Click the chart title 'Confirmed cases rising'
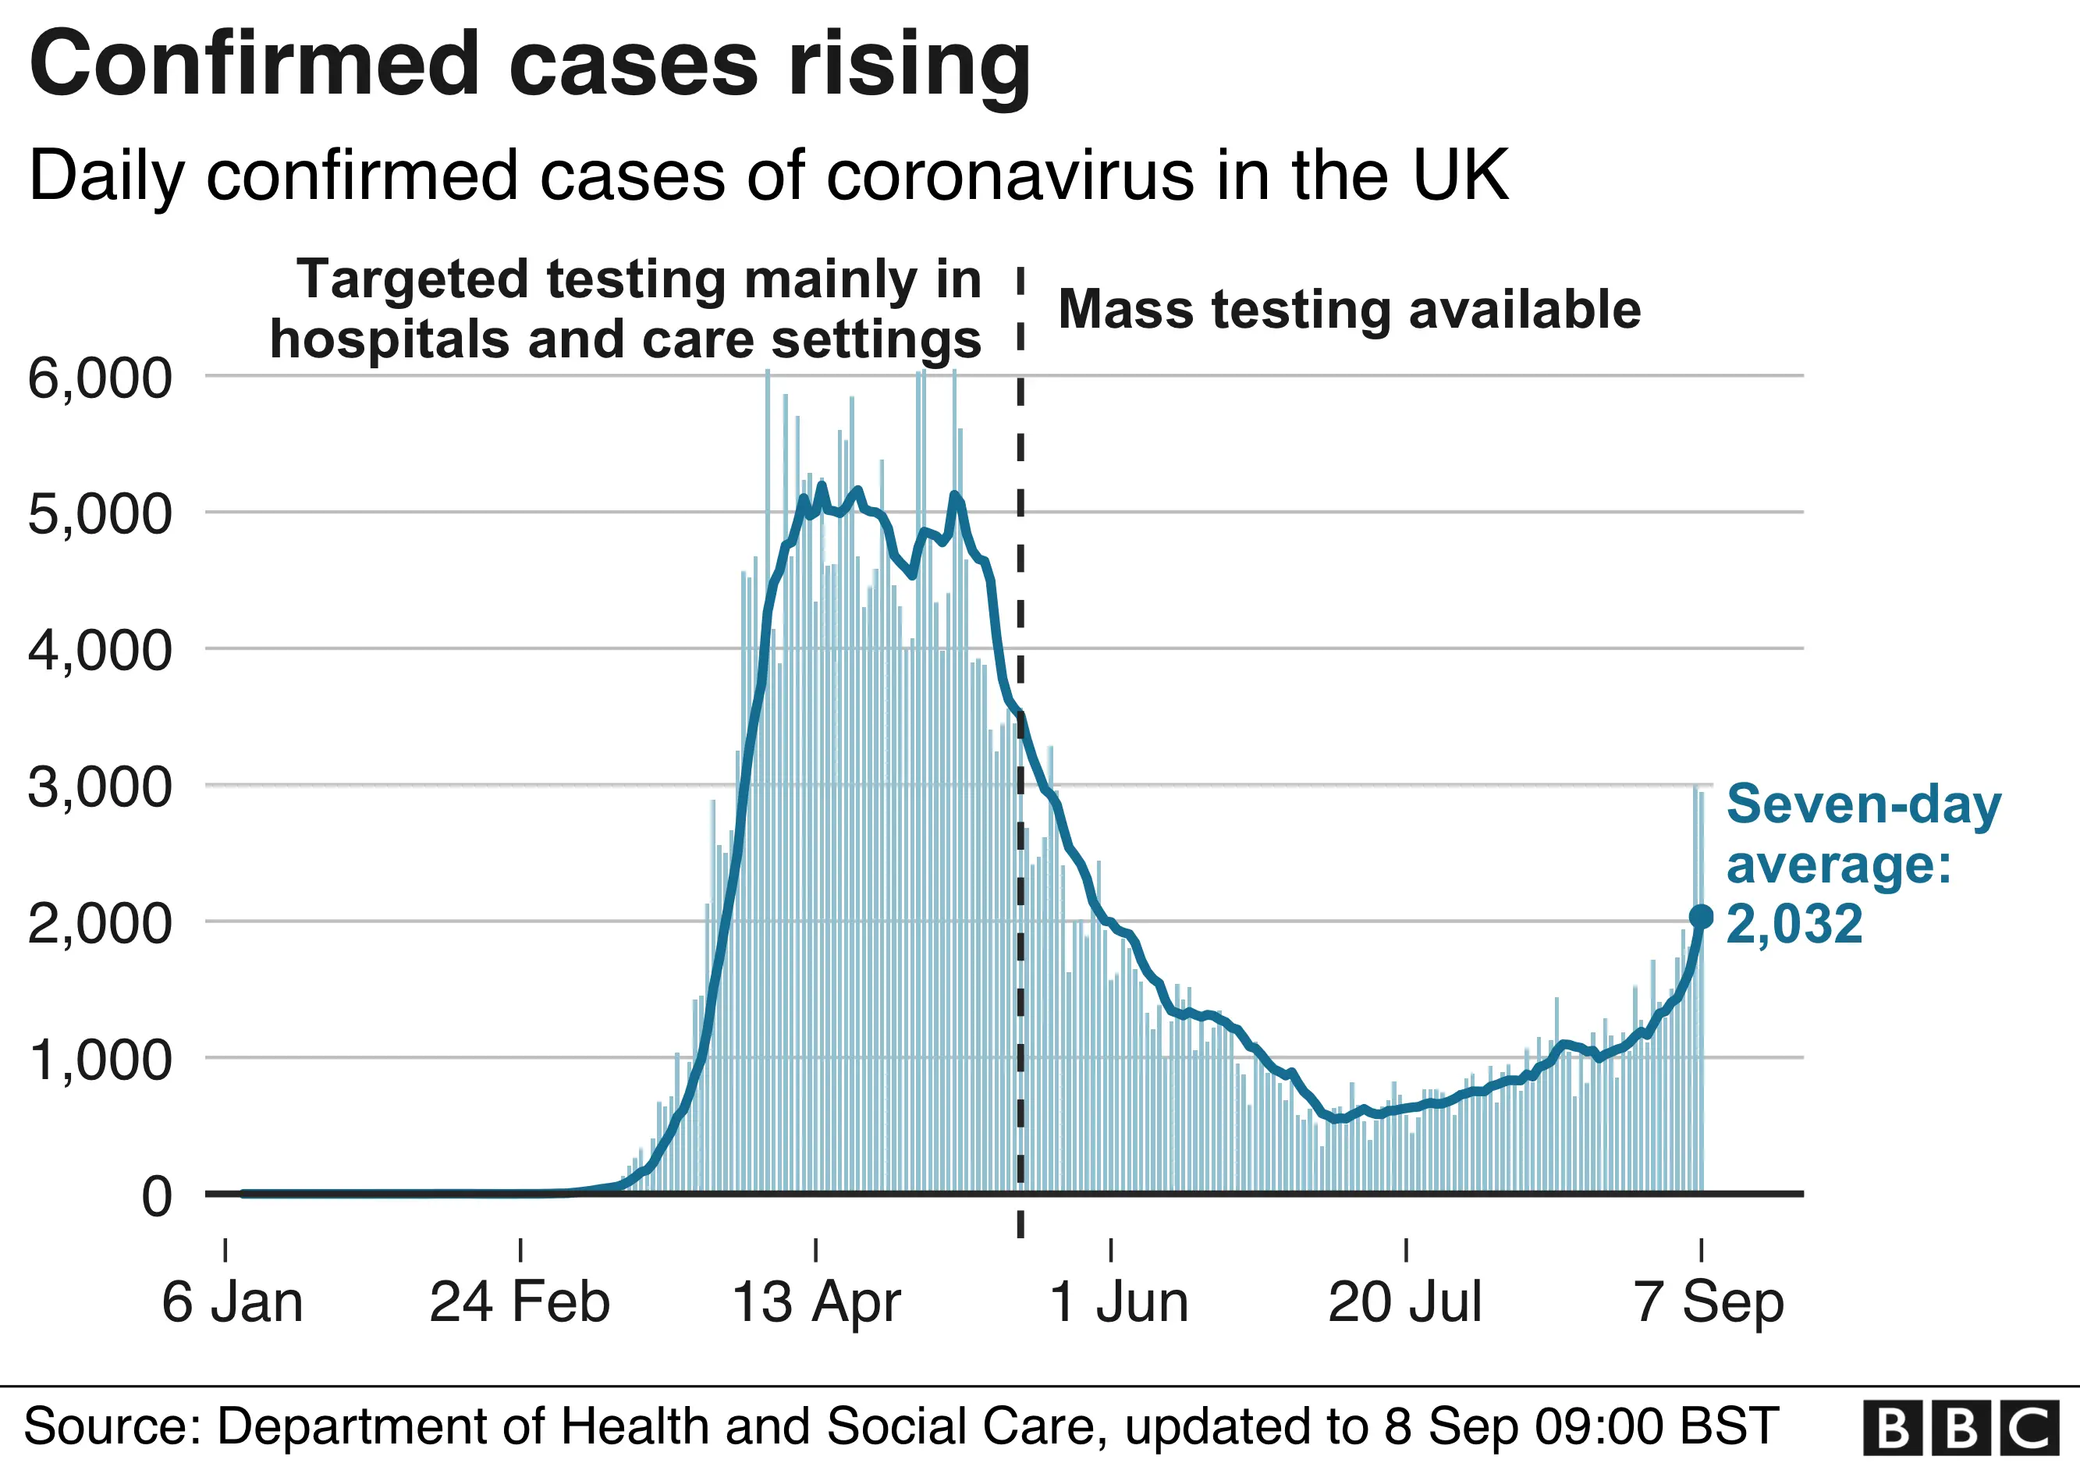click(x=530, y=63)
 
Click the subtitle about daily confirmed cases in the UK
click(x=768, y=175)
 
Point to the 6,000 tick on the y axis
click(x=100, y=378)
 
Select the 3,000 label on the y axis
click(x=100, y=787)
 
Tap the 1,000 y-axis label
click(x=100, y=1059)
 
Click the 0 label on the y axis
click(x=157, y=1197)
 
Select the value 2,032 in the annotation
click(x=1794, y=924)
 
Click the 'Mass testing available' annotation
click(x=1349, y=310)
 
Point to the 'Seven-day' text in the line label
click(x=1862, y=804)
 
